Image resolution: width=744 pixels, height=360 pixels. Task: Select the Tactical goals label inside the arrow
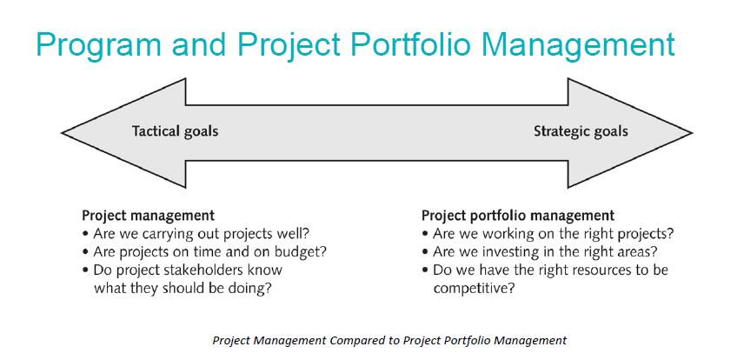click(x=175, y=132)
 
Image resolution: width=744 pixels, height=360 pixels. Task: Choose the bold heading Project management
click(x=148, y=215)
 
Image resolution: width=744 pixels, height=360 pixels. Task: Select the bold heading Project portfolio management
click(x=518, y=215)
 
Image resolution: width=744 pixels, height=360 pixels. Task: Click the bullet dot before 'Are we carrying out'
click(x=85, y=234)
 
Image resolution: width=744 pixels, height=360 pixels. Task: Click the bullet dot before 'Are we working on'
click(x=425, y=234)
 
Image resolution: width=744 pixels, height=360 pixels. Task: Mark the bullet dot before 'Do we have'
click(x=425, y=270)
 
